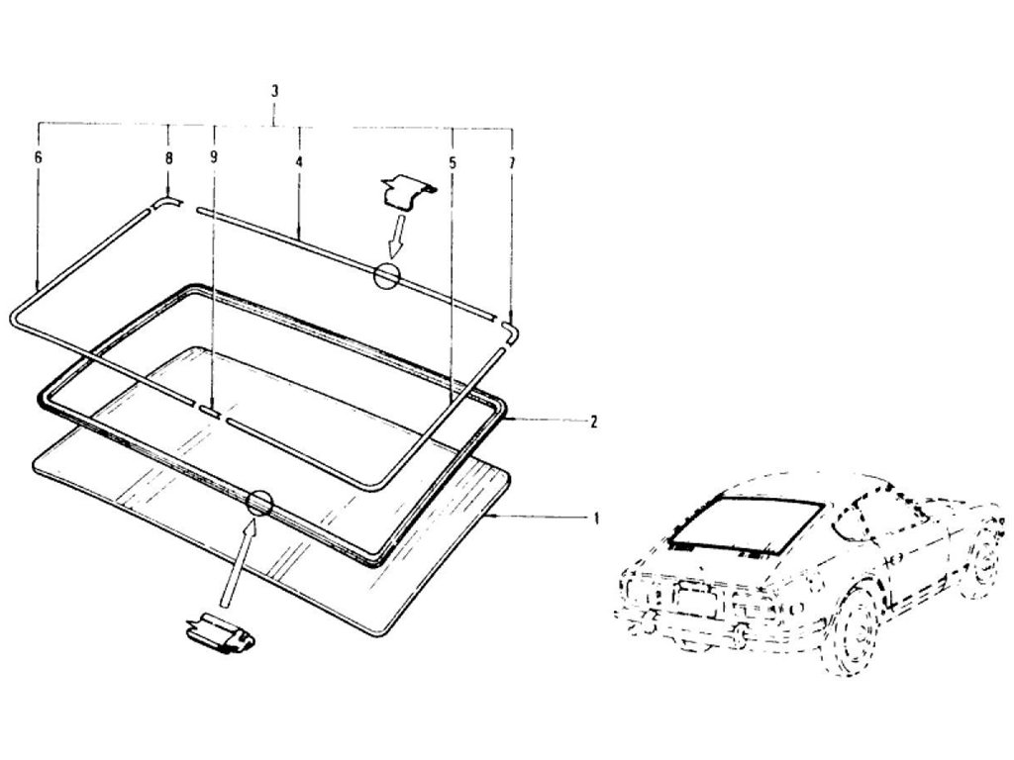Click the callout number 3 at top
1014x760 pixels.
pos(274,91)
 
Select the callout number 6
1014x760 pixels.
pos(38,157)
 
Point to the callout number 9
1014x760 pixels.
pos(213,157)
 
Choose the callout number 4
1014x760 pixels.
pos(298,158)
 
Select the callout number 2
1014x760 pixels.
pos(592,422)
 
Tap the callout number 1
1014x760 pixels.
pos(595,518)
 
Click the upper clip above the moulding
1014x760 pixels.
pos(407,189)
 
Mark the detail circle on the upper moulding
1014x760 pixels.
pos(386,276)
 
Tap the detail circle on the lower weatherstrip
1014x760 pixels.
pos(259,502)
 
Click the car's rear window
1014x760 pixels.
pos(748,523)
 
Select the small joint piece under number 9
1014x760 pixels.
pos(211,408)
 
